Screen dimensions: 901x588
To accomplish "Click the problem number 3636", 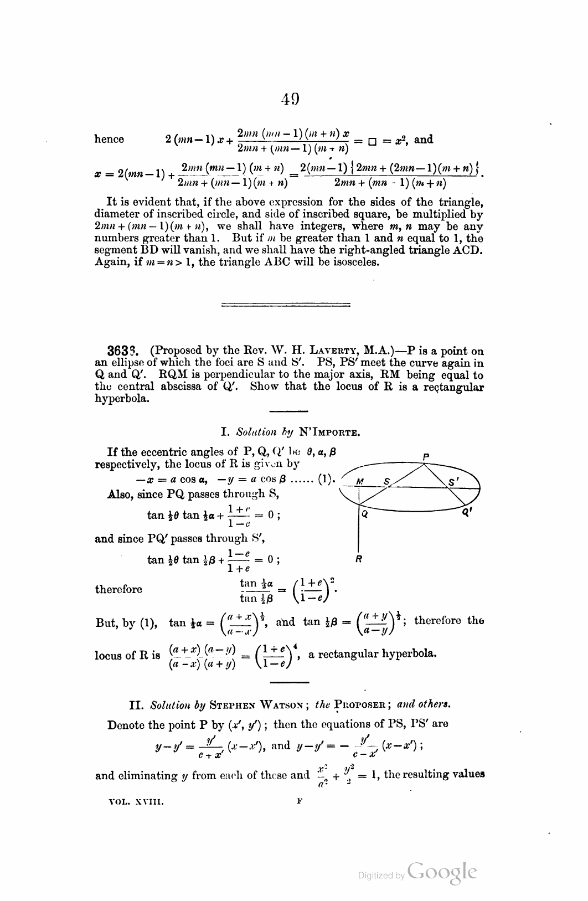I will (122, 351).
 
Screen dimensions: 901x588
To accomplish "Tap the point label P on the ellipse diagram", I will (426, 457).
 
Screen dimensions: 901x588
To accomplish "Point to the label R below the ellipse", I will (359, 559).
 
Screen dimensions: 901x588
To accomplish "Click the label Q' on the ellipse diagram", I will (466, 514).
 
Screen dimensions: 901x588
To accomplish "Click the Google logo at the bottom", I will (441, 872).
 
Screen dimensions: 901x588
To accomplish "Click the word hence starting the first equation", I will (109, 140).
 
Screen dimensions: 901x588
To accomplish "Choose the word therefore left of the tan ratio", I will (118, 589).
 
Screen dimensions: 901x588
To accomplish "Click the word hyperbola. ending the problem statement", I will (122, 399).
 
